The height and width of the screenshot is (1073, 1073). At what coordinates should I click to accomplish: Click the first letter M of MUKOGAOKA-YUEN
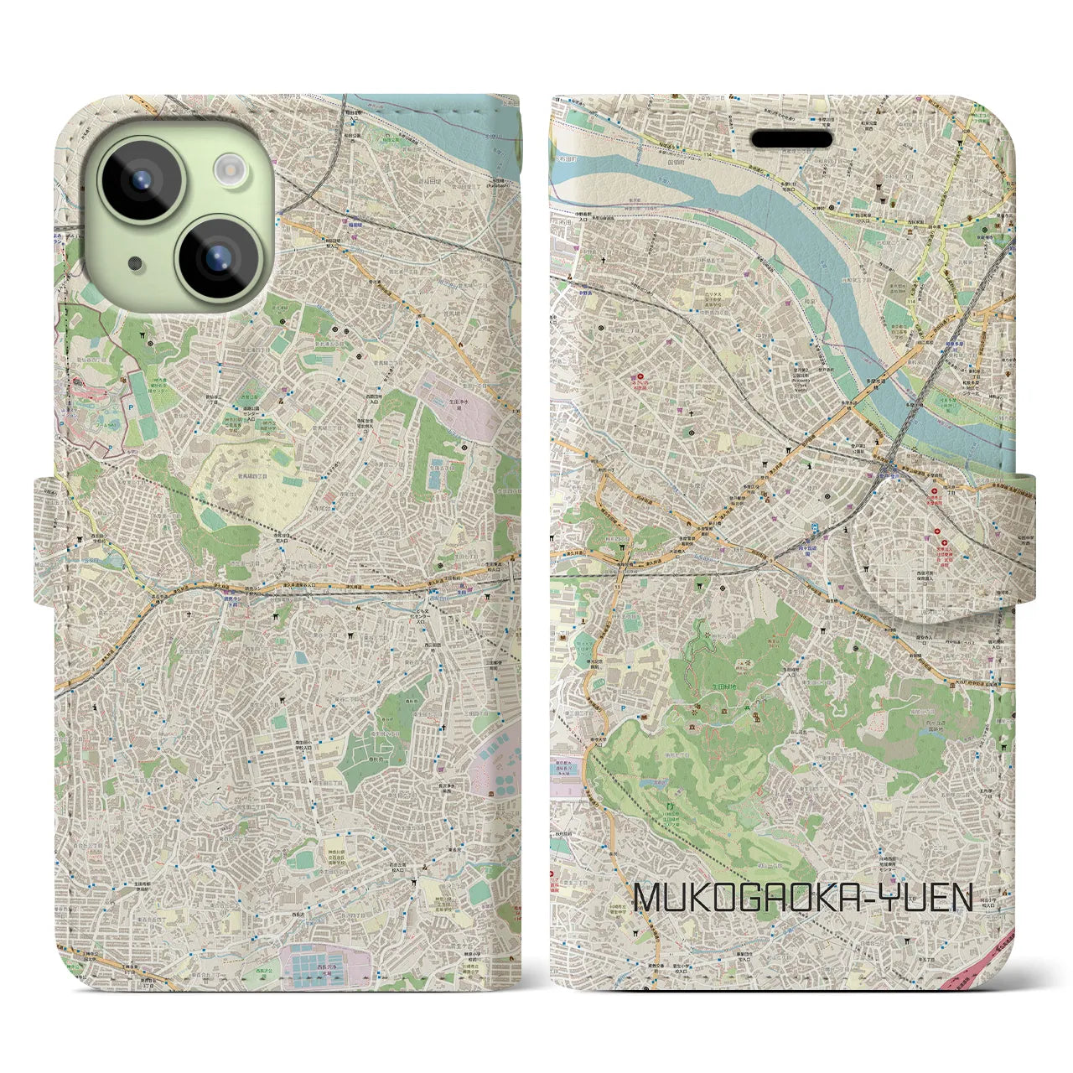[x=651, y=898]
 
